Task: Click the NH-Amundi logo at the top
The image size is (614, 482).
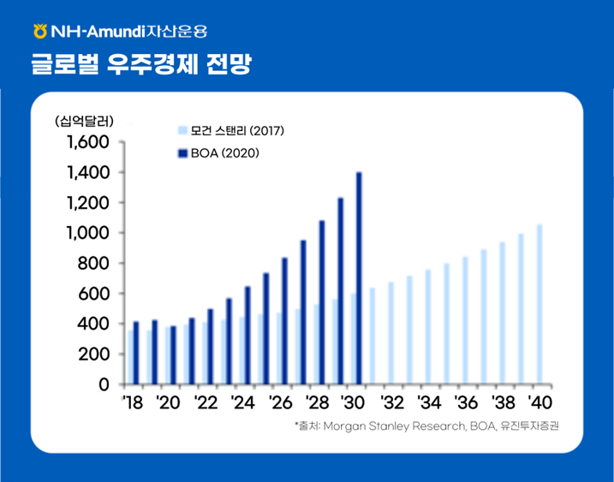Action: point(120,33)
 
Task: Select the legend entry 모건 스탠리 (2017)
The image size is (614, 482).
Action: point(230,130)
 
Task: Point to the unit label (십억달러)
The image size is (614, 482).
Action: point(84,119)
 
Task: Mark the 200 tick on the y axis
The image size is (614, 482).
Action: point(92,354)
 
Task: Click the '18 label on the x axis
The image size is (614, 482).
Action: point(133,402)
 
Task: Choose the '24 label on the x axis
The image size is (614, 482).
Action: point(243,402)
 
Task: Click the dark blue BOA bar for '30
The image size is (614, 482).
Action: point(359,278)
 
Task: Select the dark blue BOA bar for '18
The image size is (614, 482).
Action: point(136,353)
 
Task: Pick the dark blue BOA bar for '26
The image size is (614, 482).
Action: point(284,321)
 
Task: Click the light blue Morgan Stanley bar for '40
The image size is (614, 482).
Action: point(539,304)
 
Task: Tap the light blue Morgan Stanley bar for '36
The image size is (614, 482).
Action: point(465,320)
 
